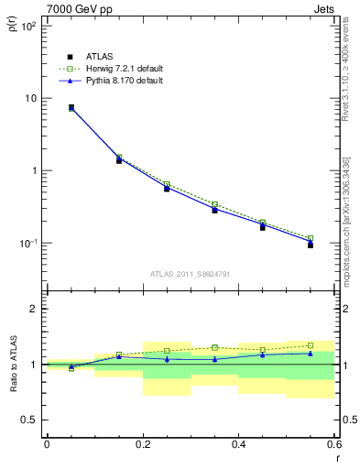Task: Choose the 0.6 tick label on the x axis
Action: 333,444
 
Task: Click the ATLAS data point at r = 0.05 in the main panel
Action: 71,108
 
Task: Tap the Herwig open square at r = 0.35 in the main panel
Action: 214,204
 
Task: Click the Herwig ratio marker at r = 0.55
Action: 311,345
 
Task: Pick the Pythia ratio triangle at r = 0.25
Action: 167,359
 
